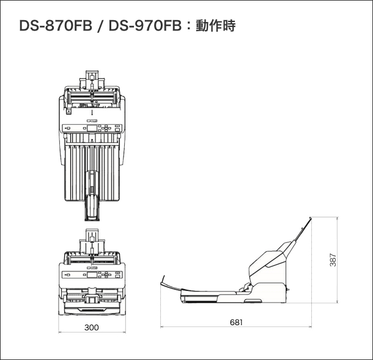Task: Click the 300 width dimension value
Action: tap(92, 328)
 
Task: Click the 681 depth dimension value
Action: tap(236, 322)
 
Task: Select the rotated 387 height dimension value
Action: tap(333, 260)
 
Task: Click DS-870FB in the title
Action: tap(56, 26)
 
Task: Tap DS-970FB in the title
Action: tap(145, 26)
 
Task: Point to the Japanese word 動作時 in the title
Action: tap(215, 26)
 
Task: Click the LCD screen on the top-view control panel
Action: tap(92, 128)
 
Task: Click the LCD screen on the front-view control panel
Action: tap(92, 275)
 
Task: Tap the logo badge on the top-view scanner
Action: tap(92, 120)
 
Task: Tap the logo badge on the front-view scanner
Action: tap(92, 268)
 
